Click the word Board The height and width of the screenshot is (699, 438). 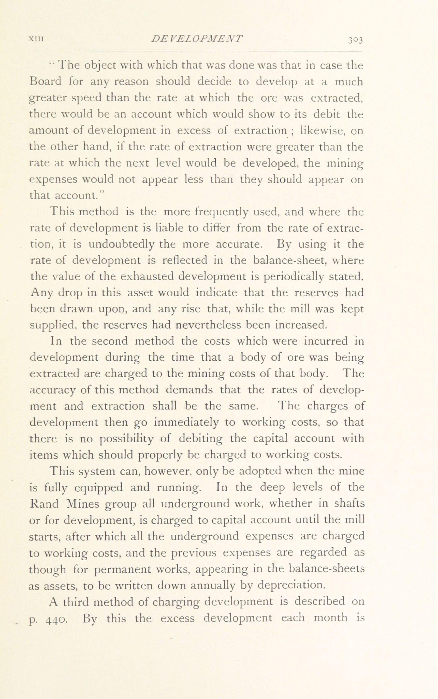pyautogui.click(x=46, y=82)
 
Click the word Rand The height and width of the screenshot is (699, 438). pyautogui.click(x=44, y=504)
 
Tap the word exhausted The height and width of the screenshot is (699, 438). pyautogui.click(x=146, y=277)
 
